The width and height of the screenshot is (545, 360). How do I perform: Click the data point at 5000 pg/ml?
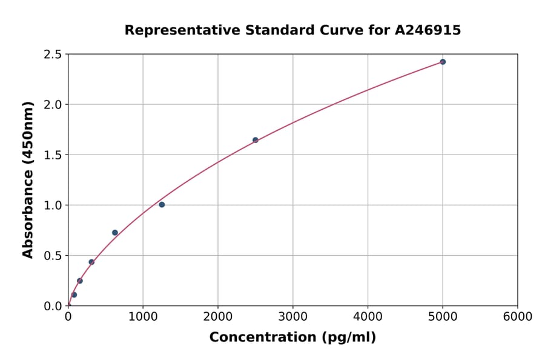point(443,62)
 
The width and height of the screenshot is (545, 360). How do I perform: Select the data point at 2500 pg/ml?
point(256,140)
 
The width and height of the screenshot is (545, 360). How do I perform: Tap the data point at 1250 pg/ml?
point(162,205)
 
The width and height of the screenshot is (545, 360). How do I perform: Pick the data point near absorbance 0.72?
point(115,233)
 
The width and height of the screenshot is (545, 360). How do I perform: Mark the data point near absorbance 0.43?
point(91,262)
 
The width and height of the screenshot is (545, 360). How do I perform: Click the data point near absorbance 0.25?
point(80,281)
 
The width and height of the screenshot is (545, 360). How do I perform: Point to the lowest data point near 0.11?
point(74,295)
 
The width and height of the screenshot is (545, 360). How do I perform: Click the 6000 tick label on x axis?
point(517,317)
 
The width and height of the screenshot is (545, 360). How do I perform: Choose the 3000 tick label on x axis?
point(292,317)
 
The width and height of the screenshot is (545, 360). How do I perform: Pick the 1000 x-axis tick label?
point(143,317)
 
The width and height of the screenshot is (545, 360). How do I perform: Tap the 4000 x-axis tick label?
point(368,317)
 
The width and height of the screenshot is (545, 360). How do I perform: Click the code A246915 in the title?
point(429,30)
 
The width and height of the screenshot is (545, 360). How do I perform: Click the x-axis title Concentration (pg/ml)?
point(292,338)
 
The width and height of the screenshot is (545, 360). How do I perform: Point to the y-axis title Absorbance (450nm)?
point(28,179)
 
